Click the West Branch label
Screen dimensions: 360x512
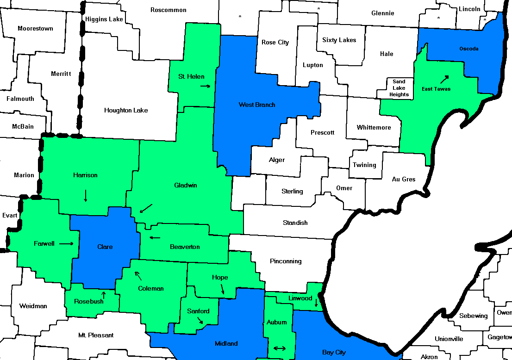[x=257, y=105]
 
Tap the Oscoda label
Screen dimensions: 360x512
[x=469, y=49]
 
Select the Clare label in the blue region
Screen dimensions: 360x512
[x=105, y=247]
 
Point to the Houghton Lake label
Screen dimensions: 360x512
[x=126, y=110]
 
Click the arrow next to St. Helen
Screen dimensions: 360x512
[x=206, y=86]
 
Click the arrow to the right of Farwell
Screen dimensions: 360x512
[x=66, y=243]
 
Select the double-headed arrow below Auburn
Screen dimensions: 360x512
[x=280, y=348]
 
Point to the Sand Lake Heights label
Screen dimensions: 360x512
[x=399, y=88]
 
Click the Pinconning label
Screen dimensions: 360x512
[x=286, y=261]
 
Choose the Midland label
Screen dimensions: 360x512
[x=226, y=343]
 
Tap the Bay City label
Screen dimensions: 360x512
[x=334, y=352]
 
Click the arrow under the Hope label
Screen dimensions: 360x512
[x=223, y=289]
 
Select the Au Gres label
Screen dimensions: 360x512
[x=404, y=179]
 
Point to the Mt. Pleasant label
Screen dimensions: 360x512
[x=96, y=335]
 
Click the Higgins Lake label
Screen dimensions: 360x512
[x=104, y=19]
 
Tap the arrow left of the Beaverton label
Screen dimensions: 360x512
[x=155, y=238]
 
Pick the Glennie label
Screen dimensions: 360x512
[x=383, y=13]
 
